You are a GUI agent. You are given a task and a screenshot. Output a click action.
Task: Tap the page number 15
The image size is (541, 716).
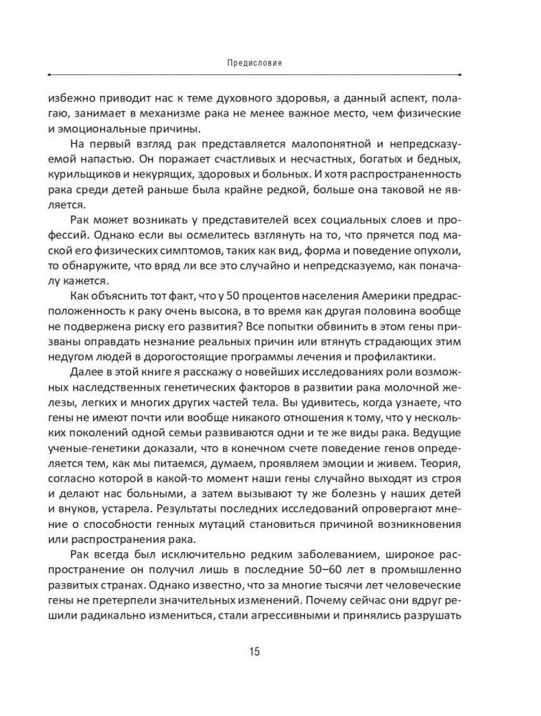(255, 652)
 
